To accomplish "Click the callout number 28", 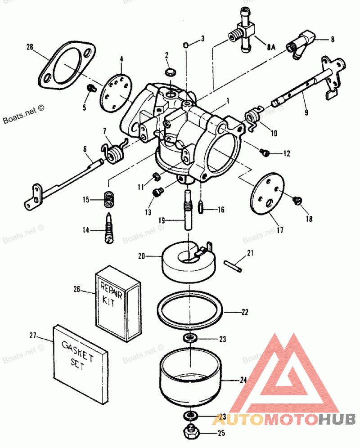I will pos(30,47).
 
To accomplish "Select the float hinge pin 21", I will pos(233,265).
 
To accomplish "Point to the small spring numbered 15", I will pos(108,199).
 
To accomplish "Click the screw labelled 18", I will pos(297,201).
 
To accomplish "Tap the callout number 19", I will pos(162,220).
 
